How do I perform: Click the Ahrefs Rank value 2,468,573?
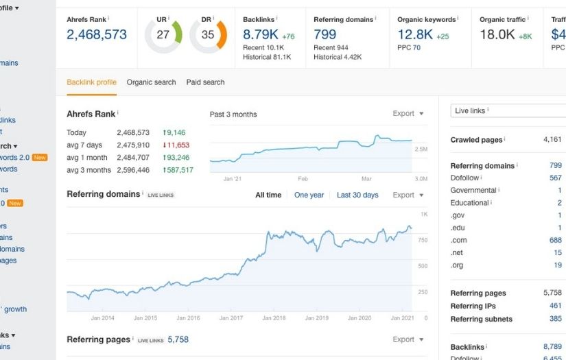point(97,35)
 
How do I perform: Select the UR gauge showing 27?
point(163,35)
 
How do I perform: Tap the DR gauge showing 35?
point(208,35)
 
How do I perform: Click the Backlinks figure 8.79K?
point(261,35)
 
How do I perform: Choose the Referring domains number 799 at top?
point(325,35)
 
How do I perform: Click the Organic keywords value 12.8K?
point(415,35)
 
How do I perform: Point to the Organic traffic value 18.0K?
point(497,35)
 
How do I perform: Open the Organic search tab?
point(151,82)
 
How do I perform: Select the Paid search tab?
point(205,82)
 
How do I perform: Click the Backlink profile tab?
point(91,82)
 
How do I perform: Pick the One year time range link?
point(309,195)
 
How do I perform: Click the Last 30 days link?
point(357,195)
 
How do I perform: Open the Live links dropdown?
point(508,110)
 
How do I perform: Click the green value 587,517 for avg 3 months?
point(178,170)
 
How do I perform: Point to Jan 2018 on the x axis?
point(274,318)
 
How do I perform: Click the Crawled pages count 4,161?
point(552,140)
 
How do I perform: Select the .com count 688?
point(555,240)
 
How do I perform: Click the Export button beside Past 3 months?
point(408,114)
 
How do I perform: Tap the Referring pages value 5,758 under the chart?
point(178,339)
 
